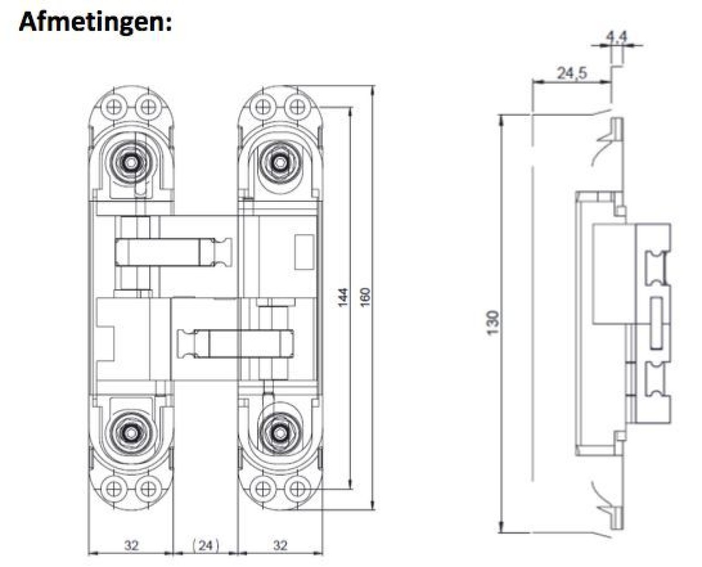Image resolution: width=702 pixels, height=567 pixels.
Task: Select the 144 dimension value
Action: click(343, 297)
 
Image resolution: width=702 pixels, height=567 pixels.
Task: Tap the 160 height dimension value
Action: click(366, 297)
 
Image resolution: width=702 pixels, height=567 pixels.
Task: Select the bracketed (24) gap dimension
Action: click(205, 546)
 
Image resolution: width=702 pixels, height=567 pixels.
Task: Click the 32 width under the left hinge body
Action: click(132, 546)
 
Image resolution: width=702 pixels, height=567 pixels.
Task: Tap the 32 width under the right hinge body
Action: click(280, 546)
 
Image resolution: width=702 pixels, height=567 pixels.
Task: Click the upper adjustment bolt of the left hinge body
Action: click(132, 161)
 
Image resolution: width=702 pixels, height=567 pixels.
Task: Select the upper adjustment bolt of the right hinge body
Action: click(280, 161)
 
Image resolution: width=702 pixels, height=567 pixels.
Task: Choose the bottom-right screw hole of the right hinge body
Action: click(297, 487)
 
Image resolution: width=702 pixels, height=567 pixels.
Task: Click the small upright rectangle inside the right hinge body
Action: click(302, 252)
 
